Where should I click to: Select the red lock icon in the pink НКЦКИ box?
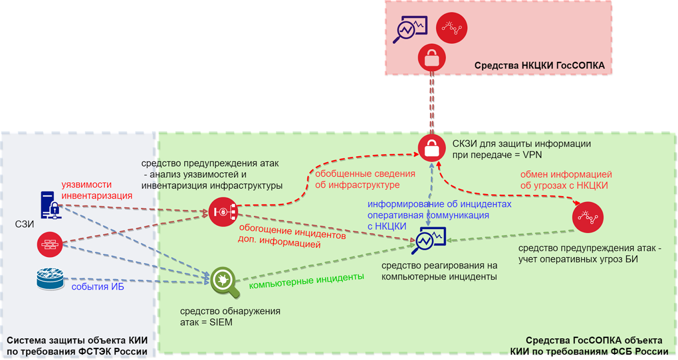tap(432, 57)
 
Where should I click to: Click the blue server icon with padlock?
tap(50, 205)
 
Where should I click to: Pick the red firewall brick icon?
tap(50, 244)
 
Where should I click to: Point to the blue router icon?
tap(50, 280)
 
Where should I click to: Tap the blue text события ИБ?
tap(98, 287)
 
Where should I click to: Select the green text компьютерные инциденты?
tap(307, 280)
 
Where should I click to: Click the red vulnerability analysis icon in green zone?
tap(222, 212)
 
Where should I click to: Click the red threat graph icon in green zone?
tap(587, 218)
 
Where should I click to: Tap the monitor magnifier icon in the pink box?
tap(410, 29)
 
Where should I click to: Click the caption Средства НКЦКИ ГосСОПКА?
tap(539, 65)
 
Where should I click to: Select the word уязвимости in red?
tap(86, 185)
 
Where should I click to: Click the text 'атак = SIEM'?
tap(206, 322)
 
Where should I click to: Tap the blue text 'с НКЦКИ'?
tap(387, 226)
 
